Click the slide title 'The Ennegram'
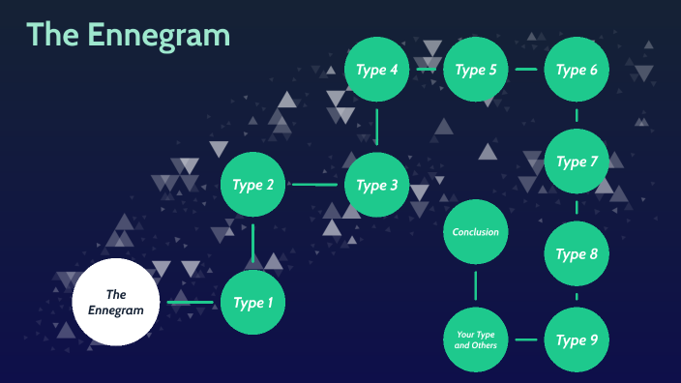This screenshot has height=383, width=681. [129, 36]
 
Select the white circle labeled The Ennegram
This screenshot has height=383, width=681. [115, 303]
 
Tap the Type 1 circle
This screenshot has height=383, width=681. [253, 303]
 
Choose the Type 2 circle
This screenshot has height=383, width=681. [253, 185]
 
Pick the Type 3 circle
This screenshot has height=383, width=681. [377, 185]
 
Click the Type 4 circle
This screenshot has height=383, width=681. [377, 70]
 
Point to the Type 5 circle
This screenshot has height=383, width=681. [476, 70]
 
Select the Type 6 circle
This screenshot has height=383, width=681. [577, 70]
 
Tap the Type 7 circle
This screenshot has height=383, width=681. [577, 162]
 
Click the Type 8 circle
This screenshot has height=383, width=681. [577, 254]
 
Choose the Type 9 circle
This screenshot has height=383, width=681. [577, 339]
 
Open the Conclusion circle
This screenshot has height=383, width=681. [476, 232]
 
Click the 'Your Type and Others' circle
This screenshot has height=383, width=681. [476, 339]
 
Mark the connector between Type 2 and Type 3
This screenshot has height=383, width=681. [315, 185]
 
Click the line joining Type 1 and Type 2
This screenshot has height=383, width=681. [253, 244]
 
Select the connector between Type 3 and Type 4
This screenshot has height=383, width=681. [377, 127]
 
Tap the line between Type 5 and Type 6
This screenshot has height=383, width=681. [526, 70]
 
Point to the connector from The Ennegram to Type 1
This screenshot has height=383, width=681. [190, 303]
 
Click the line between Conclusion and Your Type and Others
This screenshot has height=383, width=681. [476, 285]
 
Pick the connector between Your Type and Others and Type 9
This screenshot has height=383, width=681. [526, 339]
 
